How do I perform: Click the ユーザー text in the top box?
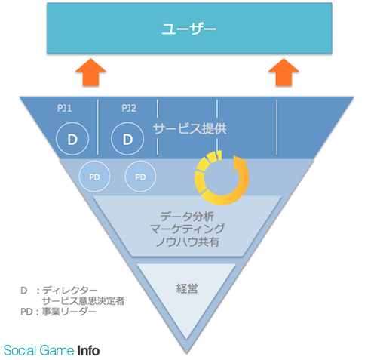click(188, 29)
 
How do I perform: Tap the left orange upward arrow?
click(90, 72)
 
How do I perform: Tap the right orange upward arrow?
click(284, 72)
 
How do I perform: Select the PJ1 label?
click(65, 109)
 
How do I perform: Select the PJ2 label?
click(129, 109)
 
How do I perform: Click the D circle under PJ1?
click(72, 139)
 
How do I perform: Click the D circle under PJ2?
click(127, 139)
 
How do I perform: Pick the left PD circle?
click(94, 177)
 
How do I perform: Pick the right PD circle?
click(140, 177)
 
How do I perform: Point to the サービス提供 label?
click(190, 129)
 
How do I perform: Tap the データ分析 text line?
click(187, 217)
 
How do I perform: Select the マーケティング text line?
click(187, 229)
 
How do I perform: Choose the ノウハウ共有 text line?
click(187, 242)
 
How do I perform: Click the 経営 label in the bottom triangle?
click(187, 288)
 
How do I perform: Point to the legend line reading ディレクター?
click(69, 291)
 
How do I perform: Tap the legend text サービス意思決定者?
click(83, 301)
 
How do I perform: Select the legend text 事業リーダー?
click(69, 312)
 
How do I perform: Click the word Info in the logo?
click(88, 351)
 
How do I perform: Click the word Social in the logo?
click(20, 351)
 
